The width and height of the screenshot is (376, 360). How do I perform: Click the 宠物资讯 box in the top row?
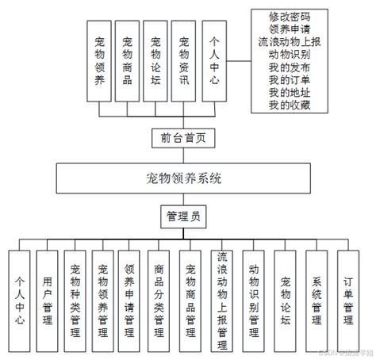(183, 62)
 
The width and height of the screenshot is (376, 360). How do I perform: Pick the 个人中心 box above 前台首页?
(213, 62)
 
